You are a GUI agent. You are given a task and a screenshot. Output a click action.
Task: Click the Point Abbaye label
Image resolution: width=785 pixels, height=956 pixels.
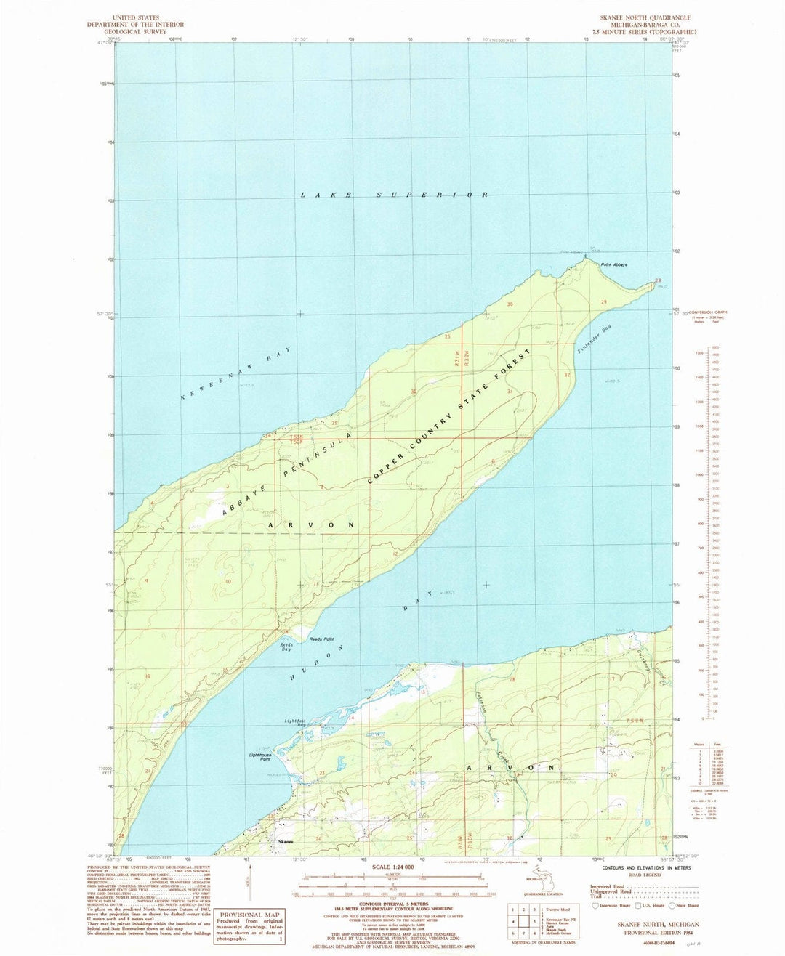614,264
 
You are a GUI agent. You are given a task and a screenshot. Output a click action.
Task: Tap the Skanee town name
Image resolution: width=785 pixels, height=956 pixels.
286,842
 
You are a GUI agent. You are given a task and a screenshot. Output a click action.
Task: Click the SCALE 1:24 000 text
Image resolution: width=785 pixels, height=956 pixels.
391,867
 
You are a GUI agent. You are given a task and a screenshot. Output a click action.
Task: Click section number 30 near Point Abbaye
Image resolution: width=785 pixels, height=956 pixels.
510,304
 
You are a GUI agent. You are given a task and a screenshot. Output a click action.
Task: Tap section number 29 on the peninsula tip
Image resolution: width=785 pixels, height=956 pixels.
603,301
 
